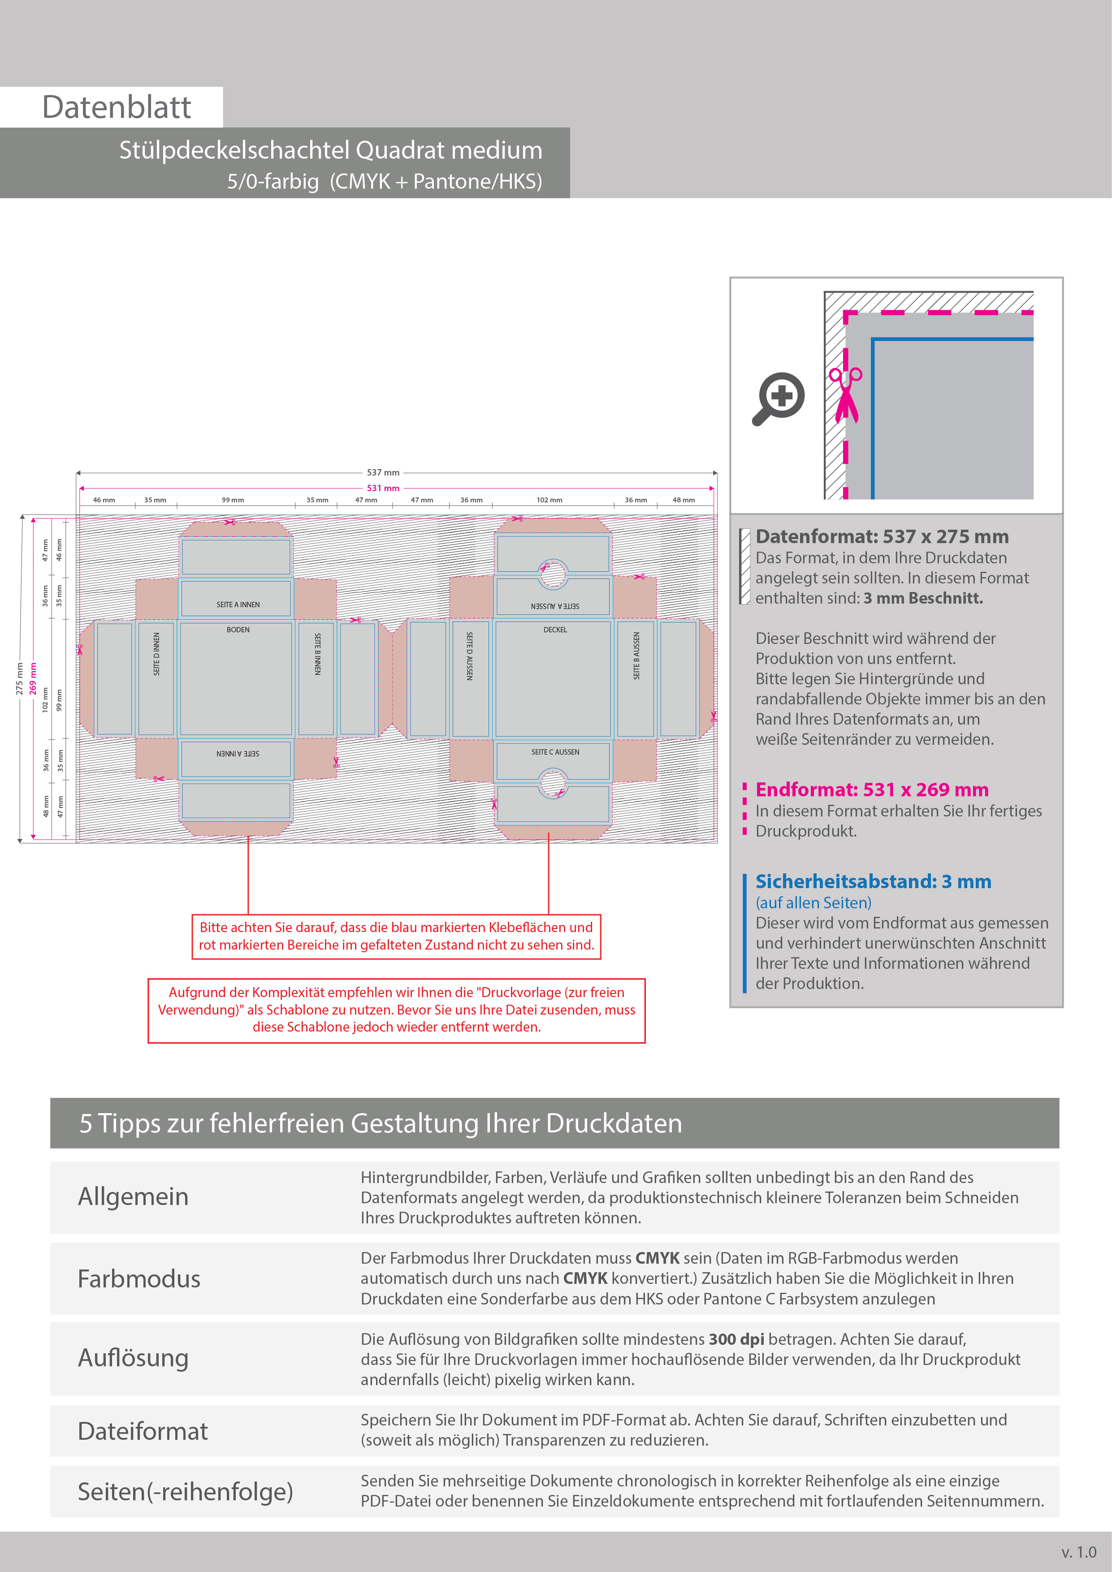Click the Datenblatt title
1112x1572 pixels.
pyautogui.click(x=117, y=108)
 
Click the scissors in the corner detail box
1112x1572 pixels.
pyautogui.click(x=846, y=394)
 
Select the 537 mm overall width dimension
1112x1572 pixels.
pyautogui.click(x=383, y=472)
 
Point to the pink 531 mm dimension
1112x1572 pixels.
pyautogui.click(x=383, y=488)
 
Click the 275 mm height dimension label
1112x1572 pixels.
pyautogui.click(x=20, y=678)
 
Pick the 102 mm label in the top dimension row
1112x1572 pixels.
pyautogui.click(x=549, y=500)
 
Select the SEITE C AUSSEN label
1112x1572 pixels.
pyautogui.click(x=555, y=752)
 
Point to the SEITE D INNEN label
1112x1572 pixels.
pyautogui.click(x=157, y=654)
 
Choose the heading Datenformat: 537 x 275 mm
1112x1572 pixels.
pyautogui.click(x=882, y=537)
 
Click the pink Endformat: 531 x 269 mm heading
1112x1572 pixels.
pyautogui.click(x=872, y=790)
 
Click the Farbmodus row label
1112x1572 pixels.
pyautogui.click(x=139, y=1279)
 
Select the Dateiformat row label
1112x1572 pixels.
pyautogui.click(x=143, y=1431)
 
